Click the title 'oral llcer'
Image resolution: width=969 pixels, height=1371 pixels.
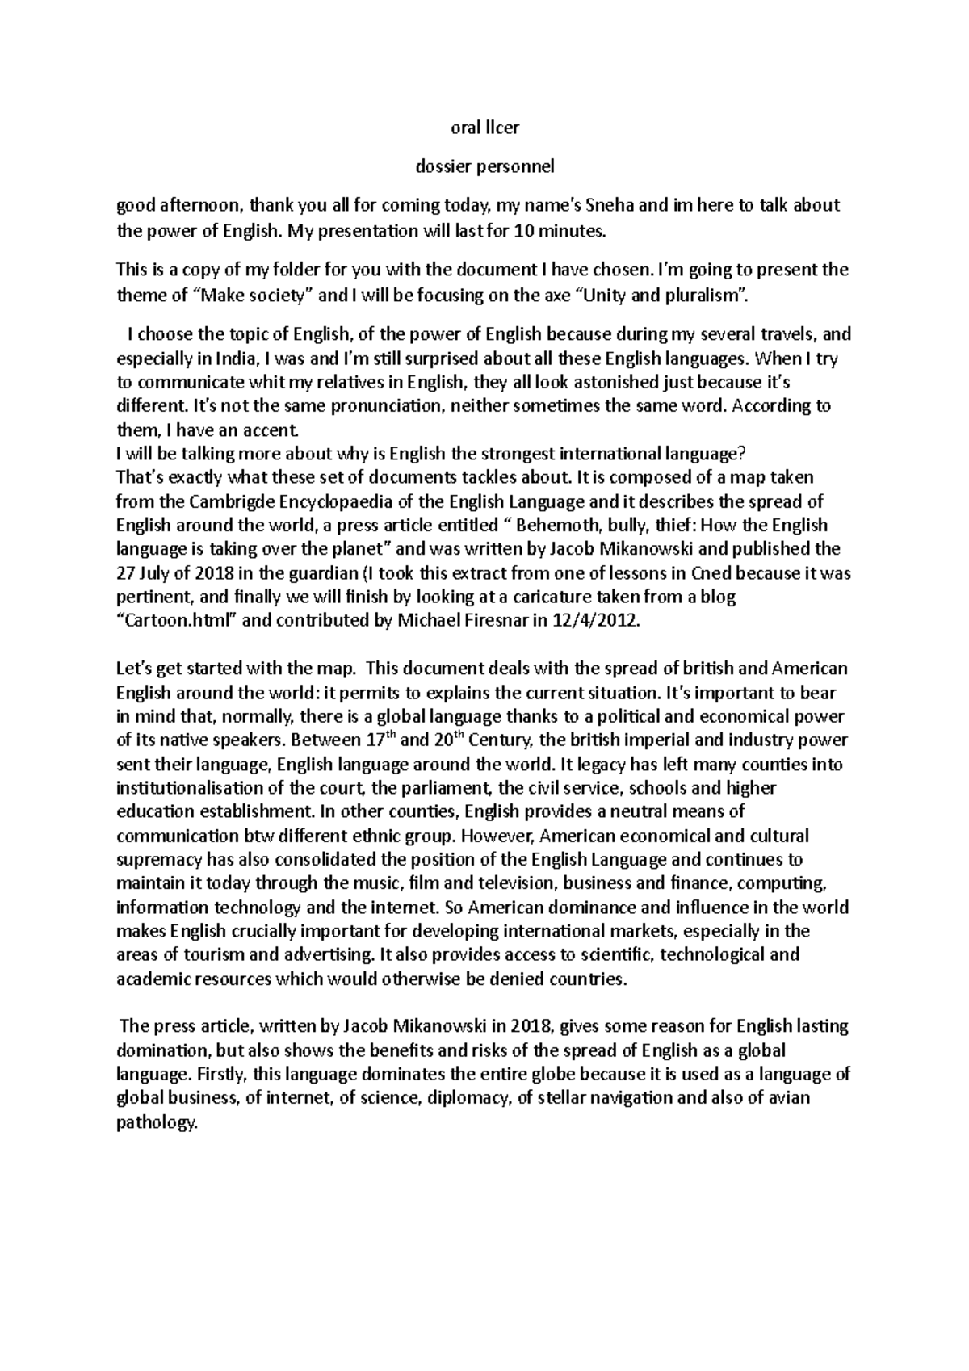(x=484, y=128)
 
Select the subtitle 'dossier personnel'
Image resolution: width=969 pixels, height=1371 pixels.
(x=484, y=167)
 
